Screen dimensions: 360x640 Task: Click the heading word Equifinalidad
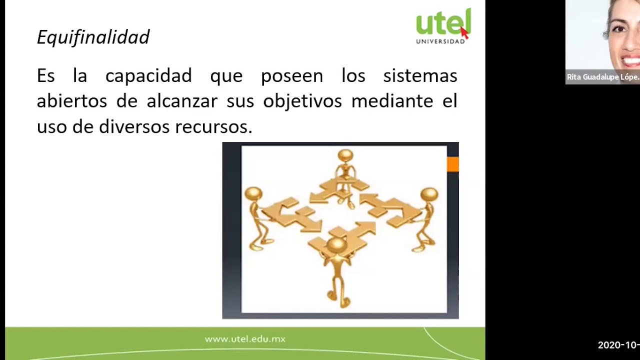93,37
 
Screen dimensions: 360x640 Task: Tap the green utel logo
443,22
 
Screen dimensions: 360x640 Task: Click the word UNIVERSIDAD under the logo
440,41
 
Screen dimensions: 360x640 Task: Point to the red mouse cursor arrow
464,32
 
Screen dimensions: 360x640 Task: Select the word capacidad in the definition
148,76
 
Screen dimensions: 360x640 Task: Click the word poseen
292,76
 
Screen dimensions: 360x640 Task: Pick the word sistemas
420,76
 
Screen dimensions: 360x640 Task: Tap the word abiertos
71,101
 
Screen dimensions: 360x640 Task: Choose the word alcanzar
182,101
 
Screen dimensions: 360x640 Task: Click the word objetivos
302,101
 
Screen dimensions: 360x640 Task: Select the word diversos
134,126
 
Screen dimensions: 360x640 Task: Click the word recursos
213,126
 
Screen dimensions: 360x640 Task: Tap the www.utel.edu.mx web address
245,339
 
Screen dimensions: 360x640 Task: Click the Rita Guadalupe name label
602,77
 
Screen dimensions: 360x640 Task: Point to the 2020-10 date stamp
618,345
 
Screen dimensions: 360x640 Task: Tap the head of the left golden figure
253,193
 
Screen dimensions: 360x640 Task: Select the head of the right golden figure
429,194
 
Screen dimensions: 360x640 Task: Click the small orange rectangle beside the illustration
452,164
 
